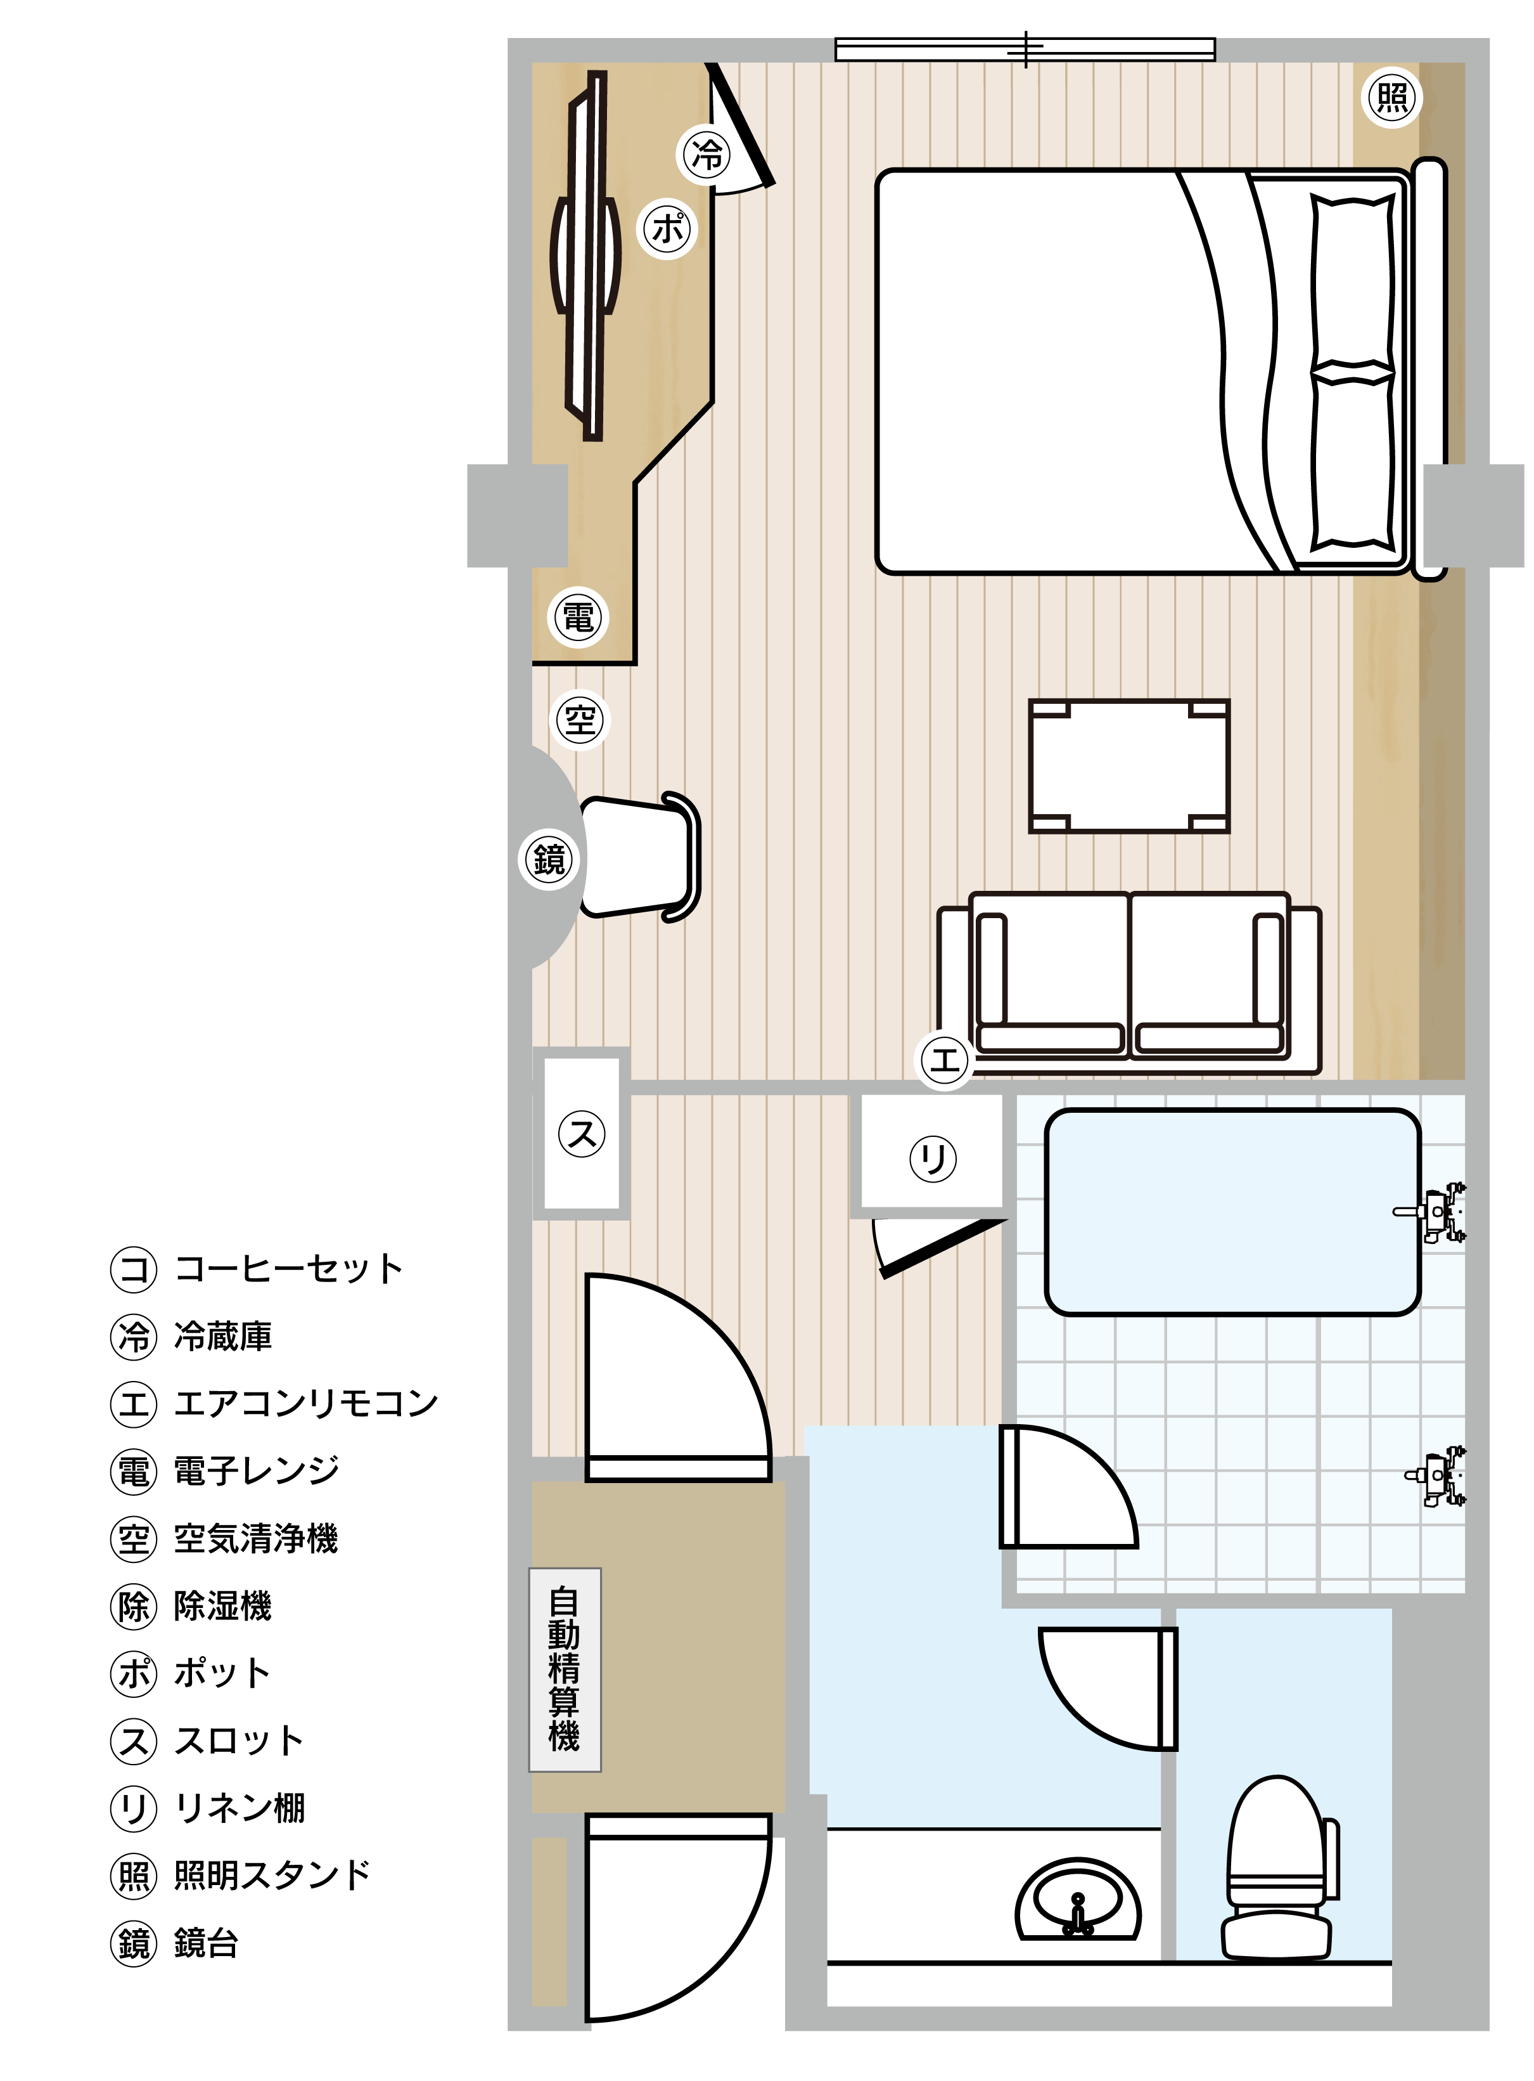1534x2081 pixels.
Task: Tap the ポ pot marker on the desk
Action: [x=668, y=228]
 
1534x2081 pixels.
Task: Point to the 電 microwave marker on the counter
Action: [x=578, y=618]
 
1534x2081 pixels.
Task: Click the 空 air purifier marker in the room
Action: [x=579, y=720]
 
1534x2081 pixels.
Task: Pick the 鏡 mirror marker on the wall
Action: [x=549, y=859]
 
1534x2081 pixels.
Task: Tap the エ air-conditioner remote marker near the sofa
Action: [x=944, y=1060]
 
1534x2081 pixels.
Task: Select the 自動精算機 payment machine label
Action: [x=565, y=1670]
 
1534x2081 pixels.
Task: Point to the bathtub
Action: [x=1233, y=1212]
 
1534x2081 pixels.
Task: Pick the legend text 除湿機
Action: [x=223, y=1606]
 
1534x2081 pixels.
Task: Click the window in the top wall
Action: [x=1025, y=49]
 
